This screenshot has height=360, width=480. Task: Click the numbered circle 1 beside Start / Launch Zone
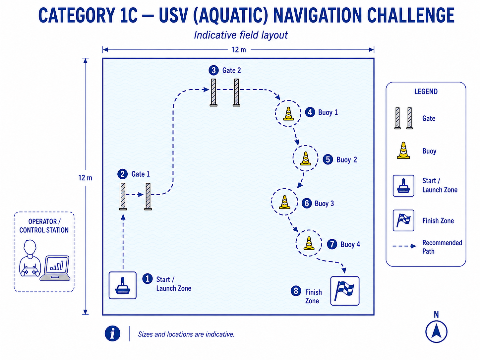pyautogui.click(x=148, y=279)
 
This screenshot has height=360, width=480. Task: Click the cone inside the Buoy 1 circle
pyautogui.click(x=288, y=114)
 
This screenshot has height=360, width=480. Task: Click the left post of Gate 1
pyautogui.click(x=123, y=197)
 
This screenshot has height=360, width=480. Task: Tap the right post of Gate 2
pyautogui.click(x=236, y=92)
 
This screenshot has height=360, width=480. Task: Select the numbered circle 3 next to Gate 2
pyautogui.click(x=213, y=70)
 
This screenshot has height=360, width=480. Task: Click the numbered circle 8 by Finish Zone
pyautogui.click(x=296, y=291)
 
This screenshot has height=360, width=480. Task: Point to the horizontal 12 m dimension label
pyautogui.click(x=239, y=50)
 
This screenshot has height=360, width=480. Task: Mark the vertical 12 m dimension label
pyautogui.click(x=85, y=178)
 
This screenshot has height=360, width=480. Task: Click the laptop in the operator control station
pyautogui.click(x=55, y=268)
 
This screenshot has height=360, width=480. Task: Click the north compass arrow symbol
pyautogui.click(x=436, y=331)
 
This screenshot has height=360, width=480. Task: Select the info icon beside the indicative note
pyautogui.click(x=112, y=333)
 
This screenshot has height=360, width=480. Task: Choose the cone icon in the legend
pyautogui.click(x=403, y=150)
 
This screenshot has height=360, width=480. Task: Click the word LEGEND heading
pyautogui.click(x=426, y=91)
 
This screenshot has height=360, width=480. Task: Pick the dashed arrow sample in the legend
pyautogui.click(x=404, y=246)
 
